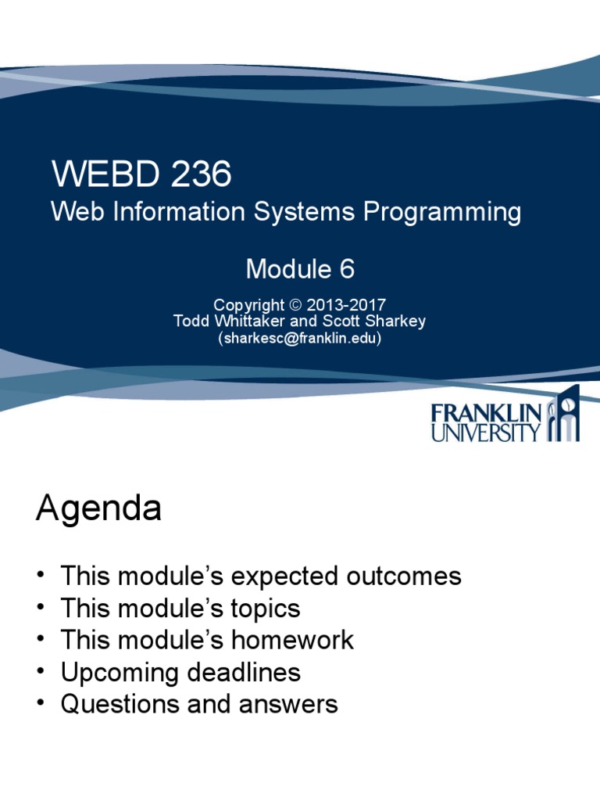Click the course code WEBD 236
click(x=141, y=174)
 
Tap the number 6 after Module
click(x=346, y=269)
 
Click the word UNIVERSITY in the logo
click(x=485, y=432)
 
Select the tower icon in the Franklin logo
click(x=563, y=415)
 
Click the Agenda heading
click(x=98, y=510)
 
